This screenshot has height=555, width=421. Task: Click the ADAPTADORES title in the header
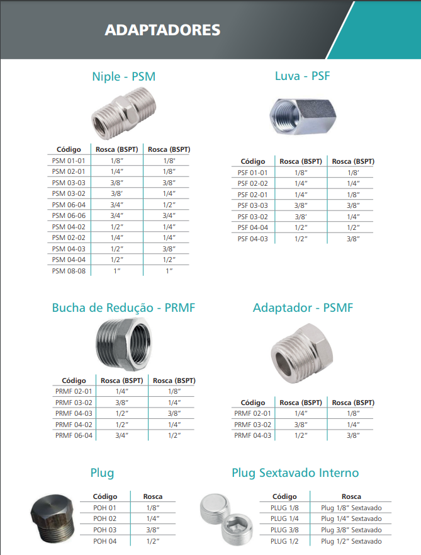(162, 30)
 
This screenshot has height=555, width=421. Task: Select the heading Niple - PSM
(123, 77)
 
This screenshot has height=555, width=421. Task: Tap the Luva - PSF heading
(302, 76)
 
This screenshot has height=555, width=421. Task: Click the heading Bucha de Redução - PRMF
(123, 308)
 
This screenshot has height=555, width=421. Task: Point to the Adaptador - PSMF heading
(303, 308)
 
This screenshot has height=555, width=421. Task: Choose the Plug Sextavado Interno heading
(295, 472)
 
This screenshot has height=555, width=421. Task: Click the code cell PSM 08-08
(69, 270)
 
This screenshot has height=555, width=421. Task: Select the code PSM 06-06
(69, 215)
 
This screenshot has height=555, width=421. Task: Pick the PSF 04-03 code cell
(252, 239)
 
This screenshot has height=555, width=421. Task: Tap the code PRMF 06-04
(74, 435)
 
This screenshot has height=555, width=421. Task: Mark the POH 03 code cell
(105, 530)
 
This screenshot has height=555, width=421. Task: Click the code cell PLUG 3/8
(284, 530)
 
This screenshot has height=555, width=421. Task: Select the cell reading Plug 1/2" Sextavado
(351, 541)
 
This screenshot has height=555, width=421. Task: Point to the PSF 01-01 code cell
(252, 173)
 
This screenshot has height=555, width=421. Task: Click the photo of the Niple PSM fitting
(123, 113)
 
